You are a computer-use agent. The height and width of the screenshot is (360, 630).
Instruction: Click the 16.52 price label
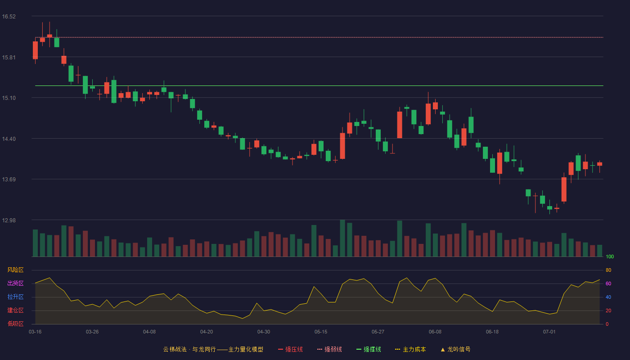point(9,17)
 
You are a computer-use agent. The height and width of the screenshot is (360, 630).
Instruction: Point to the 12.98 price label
point(9,220)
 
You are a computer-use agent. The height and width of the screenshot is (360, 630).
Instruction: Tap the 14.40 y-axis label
point(9,139)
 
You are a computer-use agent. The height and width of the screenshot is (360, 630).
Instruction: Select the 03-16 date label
point(35,332)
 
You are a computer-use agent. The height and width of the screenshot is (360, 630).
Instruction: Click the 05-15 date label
point(321,332)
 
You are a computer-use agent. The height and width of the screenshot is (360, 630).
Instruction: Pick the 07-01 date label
point(549,332)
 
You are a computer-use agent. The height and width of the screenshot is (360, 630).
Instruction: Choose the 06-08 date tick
point(435,332)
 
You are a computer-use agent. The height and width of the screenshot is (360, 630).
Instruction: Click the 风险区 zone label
point(15,270)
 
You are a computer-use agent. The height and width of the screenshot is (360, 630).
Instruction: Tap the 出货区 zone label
point(15,283)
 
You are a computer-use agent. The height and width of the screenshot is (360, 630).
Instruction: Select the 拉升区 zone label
point(15,297)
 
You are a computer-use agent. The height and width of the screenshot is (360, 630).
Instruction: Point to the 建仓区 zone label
point(15,310)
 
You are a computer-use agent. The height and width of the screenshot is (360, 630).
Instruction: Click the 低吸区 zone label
point(15,324)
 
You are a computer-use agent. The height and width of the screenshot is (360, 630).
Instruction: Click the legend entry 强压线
point(290,349)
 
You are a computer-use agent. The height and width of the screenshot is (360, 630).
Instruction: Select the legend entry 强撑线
point(369,349)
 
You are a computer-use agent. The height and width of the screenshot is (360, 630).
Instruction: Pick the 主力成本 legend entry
point(410,349)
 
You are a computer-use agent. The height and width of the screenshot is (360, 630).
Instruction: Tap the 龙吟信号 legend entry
point(455,349)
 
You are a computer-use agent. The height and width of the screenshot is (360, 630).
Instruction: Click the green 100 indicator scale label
point(610,256)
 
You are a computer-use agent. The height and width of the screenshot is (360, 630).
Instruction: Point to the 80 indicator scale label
point(608,270)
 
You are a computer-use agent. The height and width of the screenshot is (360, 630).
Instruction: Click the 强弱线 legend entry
point(329,349)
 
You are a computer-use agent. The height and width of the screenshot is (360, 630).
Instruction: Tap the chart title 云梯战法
point(175,349)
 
